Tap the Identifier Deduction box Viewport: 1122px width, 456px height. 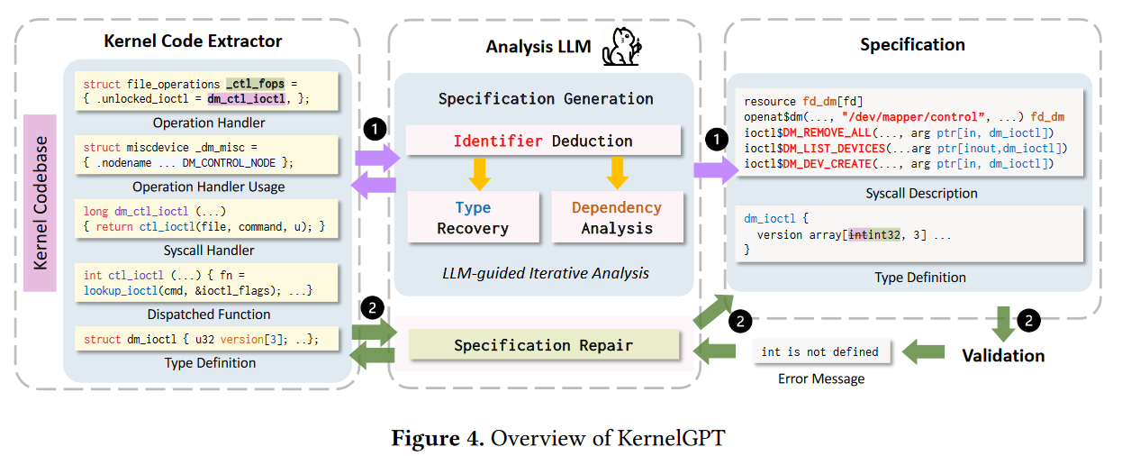click(x=542, y=141)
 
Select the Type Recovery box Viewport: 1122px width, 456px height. click(x=473, y=217)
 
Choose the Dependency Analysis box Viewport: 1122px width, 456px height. click(x=616, y=217)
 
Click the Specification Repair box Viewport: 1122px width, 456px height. click(x=542, y=345)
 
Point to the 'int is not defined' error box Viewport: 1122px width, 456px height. click(x=819, y=351)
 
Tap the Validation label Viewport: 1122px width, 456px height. click(x=1003, y=355)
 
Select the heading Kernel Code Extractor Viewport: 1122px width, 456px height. click(x=193, y=41)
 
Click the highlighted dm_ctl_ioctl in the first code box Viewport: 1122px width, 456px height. click(x=246, y=99)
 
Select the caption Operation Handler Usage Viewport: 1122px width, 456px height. click(x=208, y=187)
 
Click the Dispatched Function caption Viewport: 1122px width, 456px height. click(x=208, y=315)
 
